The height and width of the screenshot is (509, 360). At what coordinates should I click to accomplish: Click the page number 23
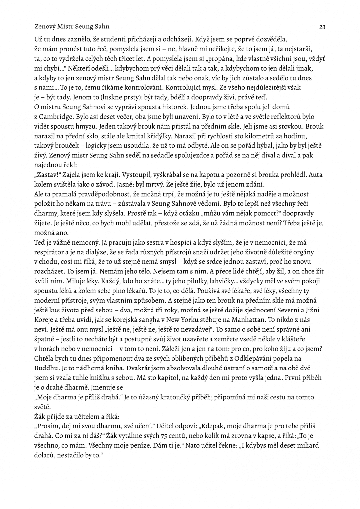322,27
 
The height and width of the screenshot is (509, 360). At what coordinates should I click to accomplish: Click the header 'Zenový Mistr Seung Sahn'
72,27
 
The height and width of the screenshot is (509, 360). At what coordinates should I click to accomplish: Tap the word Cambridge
56,117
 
